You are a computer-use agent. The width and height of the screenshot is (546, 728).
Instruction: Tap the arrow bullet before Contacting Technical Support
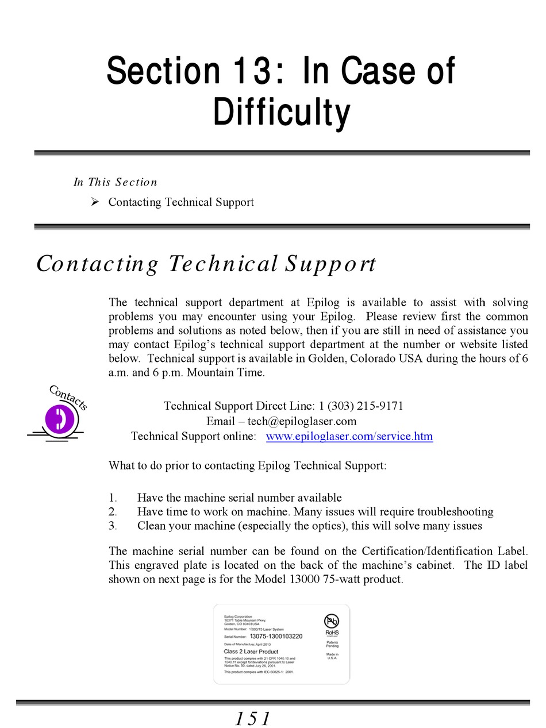(95, 202)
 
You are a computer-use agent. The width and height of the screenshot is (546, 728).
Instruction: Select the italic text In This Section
(115, 182)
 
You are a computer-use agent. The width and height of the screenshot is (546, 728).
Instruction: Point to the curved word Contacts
(68, 397)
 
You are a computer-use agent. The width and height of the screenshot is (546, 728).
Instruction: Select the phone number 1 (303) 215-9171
(361, 406)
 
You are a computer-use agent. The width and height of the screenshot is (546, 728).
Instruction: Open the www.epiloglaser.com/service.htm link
(349, 436)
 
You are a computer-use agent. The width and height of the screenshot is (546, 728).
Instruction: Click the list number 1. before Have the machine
(113, 498)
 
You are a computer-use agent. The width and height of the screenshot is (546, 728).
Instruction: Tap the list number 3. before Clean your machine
(113, 526)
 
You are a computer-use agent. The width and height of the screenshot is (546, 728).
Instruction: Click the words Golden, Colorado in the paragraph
(351, 359)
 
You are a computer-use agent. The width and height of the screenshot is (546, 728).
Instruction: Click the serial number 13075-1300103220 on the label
(276, 637)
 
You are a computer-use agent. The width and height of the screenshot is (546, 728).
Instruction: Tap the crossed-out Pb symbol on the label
(332, 621)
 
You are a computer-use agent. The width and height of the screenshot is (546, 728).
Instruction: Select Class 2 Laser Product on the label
(251, 652)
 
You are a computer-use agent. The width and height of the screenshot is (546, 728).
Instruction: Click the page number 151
(252, 718)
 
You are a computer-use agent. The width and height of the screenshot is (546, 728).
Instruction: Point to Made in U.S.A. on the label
(332, 656)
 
